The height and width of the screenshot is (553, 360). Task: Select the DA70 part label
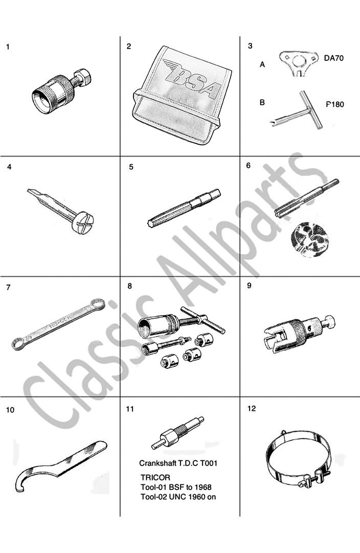(333, 58)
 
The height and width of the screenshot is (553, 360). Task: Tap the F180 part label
(334, 104)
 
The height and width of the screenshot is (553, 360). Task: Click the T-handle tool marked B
(297, 110)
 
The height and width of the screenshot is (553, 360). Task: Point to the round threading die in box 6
(306, 239)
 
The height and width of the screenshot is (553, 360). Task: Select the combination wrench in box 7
(58, 323)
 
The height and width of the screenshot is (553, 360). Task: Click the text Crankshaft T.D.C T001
(178, 463)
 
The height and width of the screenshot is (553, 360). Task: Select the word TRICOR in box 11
(155, 477)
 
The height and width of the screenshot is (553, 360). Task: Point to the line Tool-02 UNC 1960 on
(178, 497)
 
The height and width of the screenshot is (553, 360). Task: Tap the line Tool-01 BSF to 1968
(176, 488)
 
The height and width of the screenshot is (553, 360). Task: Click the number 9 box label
(249, 285)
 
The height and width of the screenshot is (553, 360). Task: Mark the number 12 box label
(252, 408)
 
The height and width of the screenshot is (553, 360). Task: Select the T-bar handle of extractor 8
(202, 320)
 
